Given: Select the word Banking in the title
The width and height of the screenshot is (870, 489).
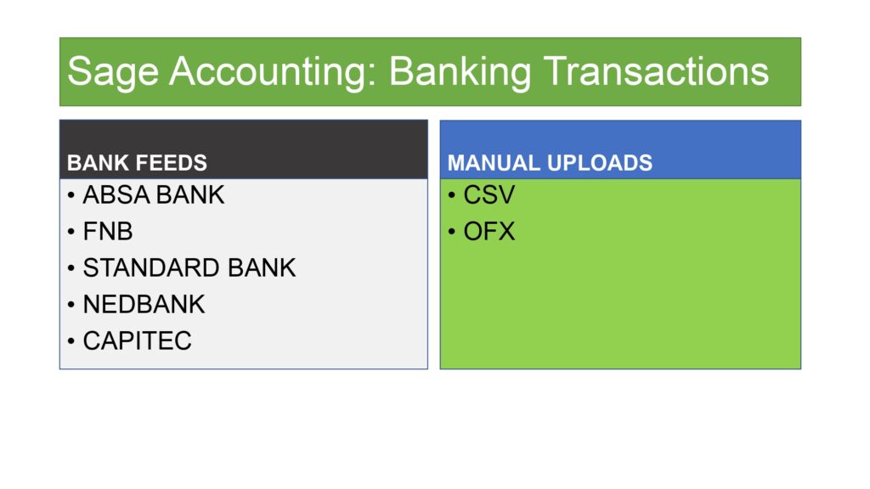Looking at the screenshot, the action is [x=460, y=72].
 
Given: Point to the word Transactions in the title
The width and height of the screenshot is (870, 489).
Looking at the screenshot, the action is [x=655, y=71].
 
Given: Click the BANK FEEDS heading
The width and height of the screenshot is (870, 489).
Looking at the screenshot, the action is [x=137, y=163].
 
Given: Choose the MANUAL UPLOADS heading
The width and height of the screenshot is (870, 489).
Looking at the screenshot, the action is [x=550, y=163].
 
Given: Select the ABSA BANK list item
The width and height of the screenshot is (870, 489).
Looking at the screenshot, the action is [x=154, y=194].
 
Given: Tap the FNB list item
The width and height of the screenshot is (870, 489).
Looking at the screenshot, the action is [x=108, y=231].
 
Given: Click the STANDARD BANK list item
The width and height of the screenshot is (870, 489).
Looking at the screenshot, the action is [x=189, y=267].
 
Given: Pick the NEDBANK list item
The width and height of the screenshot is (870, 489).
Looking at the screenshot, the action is [x=144, y=305].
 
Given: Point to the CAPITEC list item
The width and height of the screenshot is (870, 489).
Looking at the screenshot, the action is [x=137, y=341].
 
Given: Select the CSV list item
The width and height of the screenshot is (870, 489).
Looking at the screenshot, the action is [x=489, y=194].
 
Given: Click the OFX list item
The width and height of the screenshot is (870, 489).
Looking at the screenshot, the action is [x=489, y=231].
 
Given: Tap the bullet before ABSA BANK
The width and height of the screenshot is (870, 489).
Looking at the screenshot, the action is [x=71, y=195].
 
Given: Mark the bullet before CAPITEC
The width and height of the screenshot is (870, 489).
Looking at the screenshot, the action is [x=71, y=341].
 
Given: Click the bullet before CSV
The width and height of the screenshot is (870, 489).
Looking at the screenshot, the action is [x=452, y=195].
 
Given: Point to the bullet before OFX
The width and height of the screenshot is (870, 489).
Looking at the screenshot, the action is [x=452, y=232].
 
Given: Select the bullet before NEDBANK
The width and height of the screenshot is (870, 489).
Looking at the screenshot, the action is [x=71, y=305].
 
